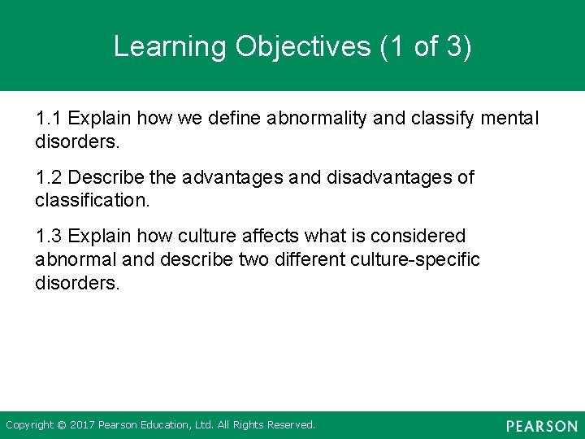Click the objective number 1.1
click(x=49, y=119)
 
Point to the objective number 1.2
click(x=49, y=177)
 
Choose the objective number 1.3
click(x=49, y=237)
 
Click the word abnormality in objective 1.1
click(x=321, y=119)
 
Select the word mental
click(x=510, y=119)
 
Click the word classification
click(x=93, y=200)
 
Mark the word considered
click(x=418, y=237)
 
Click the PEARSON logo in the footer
click(x=541, y=426)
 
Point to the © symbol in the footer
click(x=62, y=425)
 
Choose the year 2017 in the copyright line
click(x=82, y=425)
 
